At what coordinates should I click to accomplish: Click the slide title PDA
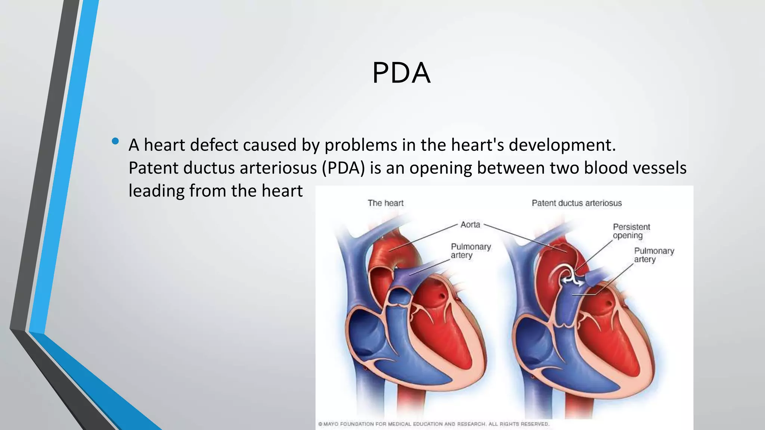[x=401, y=73]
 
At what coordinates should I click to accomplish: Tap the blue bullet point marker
[x=115, y=141]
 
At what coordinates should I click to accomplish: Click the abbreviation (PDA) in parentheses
[x=343, y=168]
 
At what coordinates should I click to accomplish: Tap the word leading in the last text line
[x=156, y=191]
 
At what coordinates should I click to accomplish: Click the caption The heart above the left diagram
[x=385, y=203]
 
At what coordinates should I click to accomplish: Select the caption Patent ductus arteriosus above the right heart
[x=576, y=203]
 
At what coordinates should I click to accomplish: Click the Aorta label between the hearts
[x=470, y=225]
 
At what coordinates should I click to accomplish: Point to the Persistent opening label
[x=631, y=231]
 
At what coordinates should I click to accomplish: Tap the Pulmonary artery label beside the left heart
[x=471, y=251]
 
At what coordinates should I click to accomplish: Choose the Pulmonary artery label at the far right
[x=654, y=255]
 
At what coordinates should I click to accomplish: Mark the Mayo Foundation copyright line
[x=433, y=424]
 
